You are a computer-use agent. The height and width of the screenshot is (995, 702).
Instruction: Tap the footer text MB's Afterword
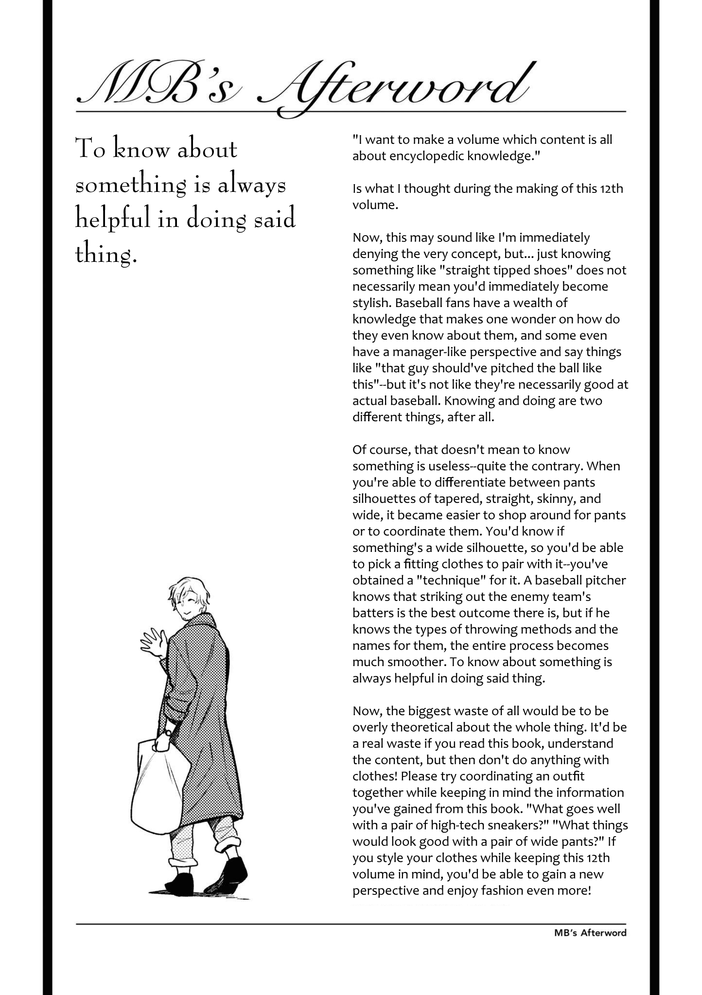click(x=590, y=932)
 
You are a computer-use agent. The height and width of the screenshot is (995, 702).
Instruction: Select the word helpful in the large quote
click(x=112, y=220)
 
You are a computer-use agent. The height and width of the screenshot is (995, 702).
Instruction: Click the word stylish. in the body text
click(x=372, y=303)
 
